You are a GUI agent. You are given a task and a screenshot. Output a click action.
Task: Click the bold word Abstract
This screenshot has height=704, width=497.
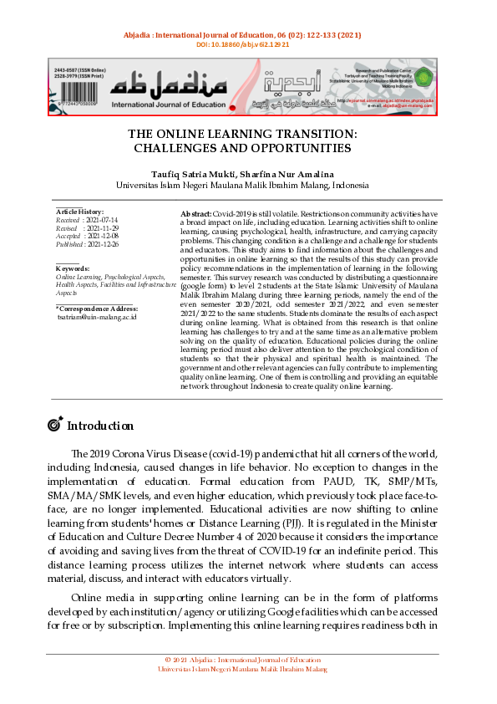196,215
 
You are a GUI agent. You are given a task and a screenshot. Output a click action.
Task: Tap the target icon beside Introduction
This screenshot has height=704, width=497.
55,425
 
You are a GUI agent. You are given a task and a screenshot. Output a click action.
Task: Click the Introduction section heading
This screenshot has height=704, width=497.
100,426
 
